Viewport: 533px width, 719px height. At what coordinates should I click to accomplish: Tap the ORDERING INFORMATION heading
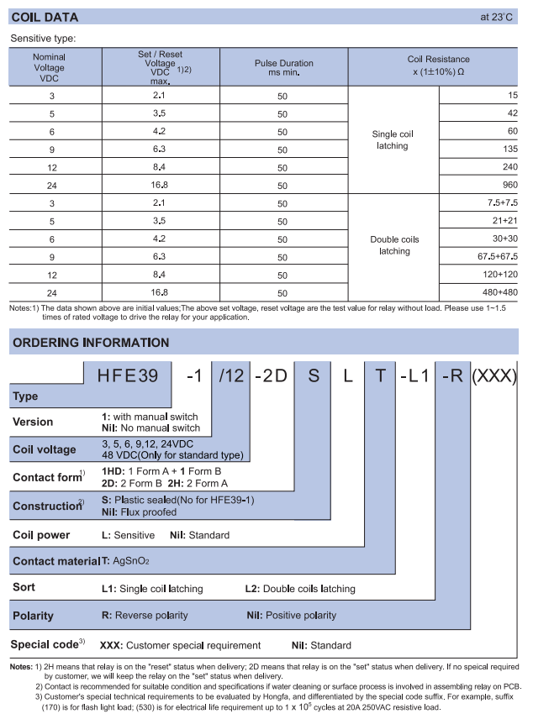click(90, 343)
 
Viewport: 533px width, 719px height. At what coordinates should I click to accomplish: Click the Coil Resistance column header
click(438, 65)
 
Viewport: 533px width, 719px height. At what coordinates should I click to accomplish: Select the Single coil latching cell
click(393, 139)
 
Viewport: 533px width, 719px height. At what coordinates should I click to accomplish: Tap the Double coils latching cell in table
click(393, 245)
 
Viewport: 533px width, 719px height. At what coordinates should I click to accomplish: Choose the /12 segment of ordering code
click(230, 376)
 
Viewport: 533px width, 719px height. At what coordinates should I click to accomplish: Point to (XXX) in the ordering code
click(493, 376)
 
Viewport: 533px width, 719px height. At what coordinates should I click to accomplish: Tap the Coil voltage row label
click(44, 449)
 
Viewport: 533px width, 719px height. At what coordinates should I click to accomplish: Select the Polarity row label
click(34, 616)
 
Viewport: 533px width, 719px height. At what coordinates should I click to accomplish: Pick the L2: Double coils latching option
click(299, 588)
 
